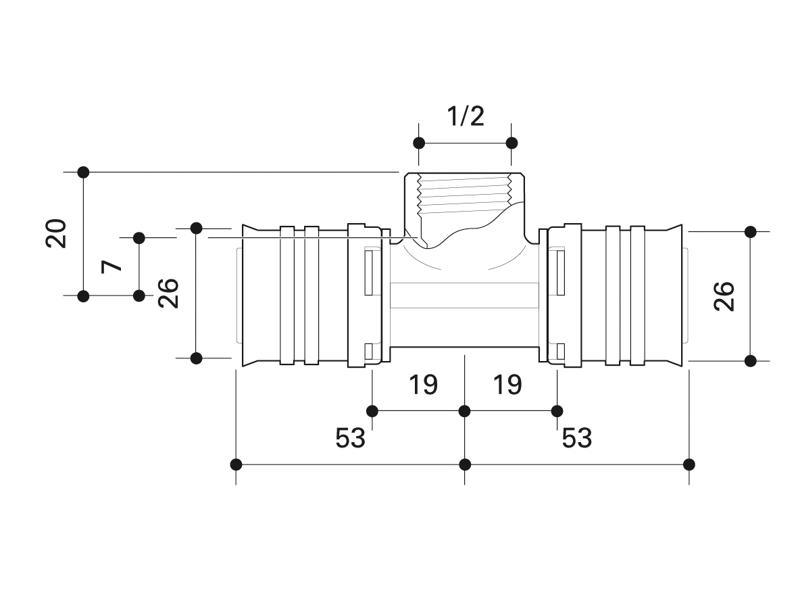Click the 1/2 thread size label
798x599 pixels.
pyautogui.click(x=465, y=116)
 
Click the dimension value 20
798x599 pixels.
pyautogui.click(x=56, y=233)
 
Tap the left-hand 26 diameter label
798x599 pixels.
pyautogui.click(x=168, y=293)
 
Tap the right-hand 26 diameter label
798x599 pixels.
pyautogui.click(x=724, y=296)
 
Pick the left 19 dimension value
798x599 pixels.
pyautogui.click(x=423, y=385)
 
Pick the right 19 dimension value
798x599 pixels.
pyautogui.click(x=507, y=385)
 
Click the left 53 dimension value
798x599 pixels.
pyautogui.click(x=350, y=437)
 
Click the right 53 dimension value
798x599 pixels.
pyautogui.click(x=576, y=437)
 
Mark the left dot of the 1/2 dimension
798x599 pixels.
pyautogui.click(x=419, y=143)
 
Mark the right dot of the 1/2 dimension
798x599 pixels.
pyautogui.click(x=512, y=143)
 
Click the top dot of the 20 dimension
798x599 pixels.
pyautogui.click(x=84, y=172)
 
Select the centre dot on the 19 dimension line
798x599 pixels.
pyautogui.click(x=465, y=410)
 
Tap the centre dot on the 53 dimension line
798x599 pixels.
pyautogui.click(x=465, y=464)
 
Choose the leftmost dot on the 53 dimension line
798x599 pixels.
pyautogui.click(x=236, y=464)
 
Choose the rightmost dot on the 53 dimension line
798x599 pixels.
pyautogui.click(x=689, y=464)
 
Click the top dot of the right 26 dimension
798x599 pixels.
pyautogui.click(x=750, y=232)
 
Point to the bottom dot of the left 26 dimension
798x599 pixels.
pyautogui.click(x=197, y=358)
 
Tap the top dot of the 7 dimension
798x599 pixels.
pyautogui.click(x=139, y=238)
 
